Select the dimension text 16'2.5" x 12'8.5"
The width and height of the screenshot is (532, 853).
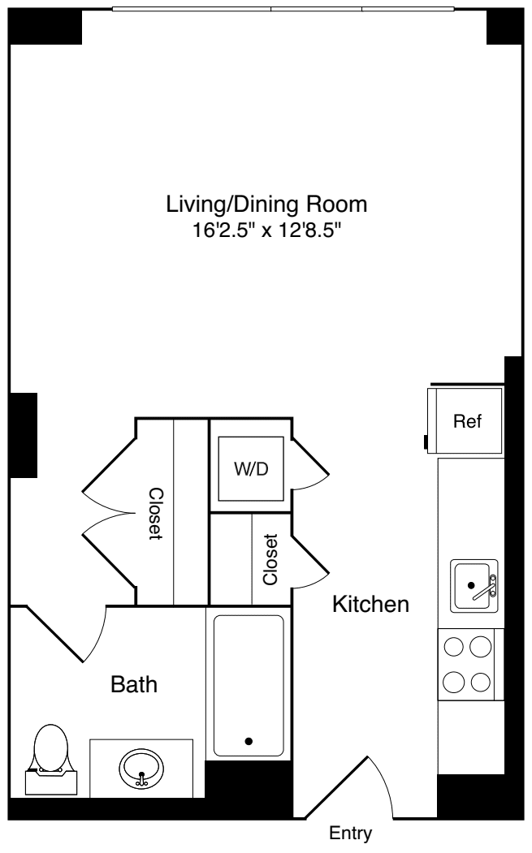coord(266,230)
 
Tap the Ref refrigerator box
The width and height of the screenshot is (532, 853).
coord(467,421)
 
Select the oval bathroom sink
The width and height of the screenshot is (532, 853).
coord(141,765)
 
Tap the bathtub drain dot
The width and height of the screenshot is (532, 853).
coord(249,740)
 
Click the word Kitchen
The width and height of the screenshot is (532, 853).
coord(370,604)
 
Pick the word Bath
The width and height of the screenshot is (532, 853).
coord(134,685)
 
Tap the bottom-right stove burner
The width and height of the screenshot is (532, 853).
coord(481,681)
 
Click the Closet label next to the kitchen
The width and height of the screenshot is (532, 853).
coord(270,559)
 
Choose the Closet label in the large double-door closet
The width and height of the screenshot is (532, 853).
coord(155,514)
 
